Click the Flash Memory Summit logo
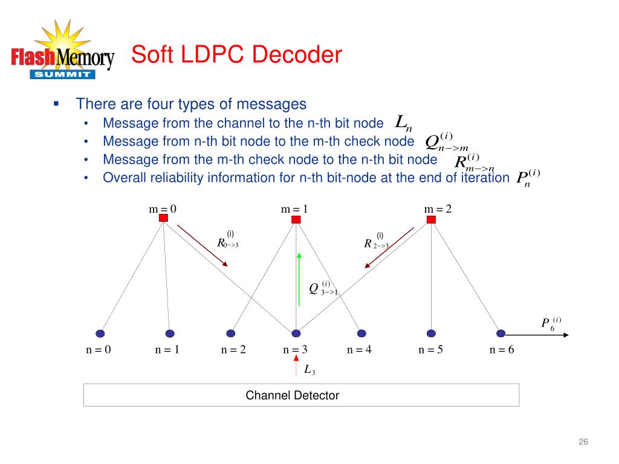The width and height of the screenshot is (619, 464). click(x=62, y=54)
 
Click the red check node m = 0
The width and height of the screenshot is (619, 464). click(x=163, y=218)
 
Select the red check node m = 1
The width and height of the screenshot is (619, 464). click(x=296, y=219)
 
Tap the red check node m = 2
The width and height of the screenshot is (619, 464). click(x=431, y=219)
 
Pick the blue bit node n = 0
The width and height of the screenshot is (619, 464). click(x=100, y=333)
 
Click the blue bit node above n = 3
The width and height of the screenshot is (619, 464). click(x=296, y=333)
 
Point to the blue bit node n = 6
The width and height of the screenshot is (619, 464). click(x=501, y=333)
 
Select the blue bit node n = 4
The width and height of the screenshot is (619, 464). click(x=361, y=333)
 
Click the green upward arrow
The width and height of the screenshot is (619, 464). click(x=299, y=278)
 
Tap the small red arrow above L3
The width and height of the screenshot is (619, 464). click(x=296, y=361)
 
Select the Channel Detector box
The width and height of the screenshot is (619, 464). click(x=301, y=396)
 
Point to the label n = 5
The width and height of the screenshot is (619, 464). click(x=431, y=349)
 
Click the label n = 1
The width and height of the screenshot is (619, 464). click(x=167, y=349)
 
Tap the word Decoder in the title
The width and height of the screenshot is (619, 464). click(x=297, y=55)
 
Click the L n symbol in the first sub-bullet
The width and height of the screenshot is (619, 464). click(x=403, y=123)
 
